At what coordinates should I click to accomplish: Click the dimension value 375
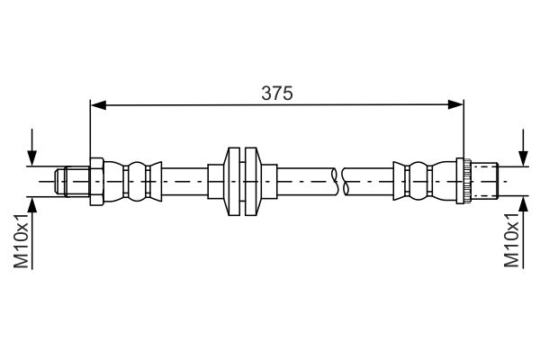[277, 92]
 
